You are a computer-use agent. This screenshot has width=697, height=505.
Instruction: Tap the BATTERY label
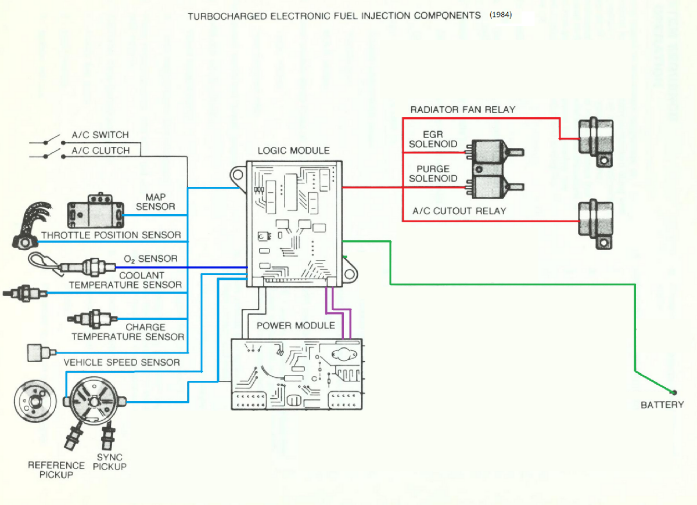click(x=662, y=405)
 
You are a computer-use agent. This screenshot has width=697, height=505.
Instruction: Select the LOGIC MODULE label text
click(x=293, y=151)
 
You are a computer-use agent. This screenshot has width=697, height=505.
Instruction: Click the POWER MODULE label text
click(x=296, y=326)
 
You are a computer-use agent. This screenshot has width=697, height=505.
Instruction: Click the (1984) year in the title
click(x=500, y=15)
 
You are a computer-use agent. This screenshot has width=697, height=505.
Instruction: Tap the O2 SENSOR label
click(x=150, y=259)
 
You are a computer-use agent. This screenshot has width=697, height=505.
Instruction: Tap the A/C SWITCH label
click(x=100, y=135)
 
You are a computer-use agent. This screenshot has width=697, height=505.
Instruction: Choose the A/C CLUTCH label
click(x=100, y=150)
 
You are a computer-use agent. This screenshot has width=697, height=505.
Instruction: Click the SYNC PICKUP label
click(x=109, y=462)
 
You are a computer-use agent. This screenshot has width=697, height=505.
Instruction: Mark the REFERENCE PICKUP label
click(x=56, y=470)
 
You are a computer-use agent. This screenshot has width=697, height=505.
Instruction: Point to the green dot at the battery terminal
click(x=674, y=392)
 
